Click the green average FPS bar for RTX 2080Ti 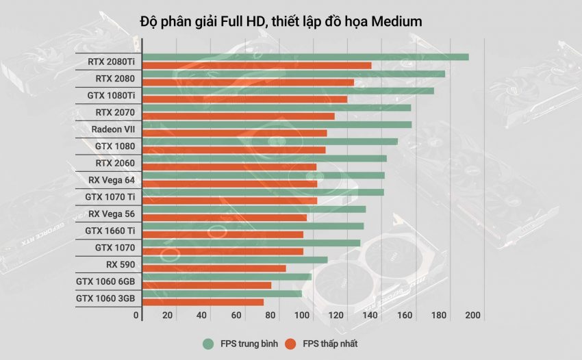click(x=305, y=57)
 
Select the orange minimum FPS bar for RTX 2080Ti click(x=257, y=66)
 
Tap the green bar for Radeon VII click(x=277, y=125)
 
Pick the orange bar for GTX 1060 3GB click(x=203, y=302)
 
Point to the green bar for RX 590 click(x=235, y=259)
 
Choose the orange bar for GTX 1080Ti click(x=244, y=99)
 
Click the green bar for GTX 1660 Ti click(x=253, y=226)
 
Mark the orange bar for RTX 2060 click(x=229, y=167)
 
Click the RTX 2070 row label click(x=115, y=112)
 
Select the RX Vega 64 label click(x=112, y=180)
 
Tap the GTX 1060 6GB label click(x=105, y=281)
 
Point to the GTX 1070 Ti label click(x=110, y=197)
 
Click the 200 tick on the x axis click(x=472, y=316)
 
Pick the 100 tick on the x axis click(x=303, y=316)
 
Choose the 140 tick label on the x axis click(x=370, y=316)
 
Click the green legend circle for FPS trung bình click(x=207, y=343)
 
